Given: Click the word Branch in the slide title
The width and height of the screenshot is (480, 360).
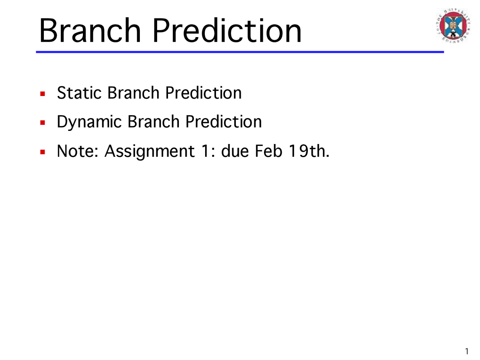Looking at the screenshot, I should [x=90, y=30].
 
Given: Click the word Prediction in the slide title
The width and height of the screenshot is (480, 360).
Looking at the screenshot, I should [x=227, y=30].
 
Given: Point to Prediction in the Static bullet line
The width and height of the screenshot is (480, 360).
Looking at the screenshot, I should [x=203, y=93].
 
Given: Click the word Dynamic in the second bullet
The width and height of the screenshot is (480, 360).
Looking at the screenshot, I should [x=89, y=122].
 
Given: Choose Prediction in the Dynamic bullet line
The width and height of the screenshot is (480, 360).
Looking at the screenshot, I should [x=223, y=122].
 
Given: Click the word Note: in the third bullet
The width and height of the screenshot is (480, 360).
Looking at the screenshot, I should [x=77, y=151].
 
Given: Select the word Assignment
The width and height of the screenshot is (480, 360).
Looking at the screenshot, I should [x=149, y=151].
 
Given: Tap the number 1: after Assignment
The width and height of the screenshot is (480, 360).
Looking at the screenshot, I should [x=207, y=151].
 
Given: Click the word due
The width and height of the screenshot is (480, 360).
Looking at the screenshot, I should [x=235, y=151].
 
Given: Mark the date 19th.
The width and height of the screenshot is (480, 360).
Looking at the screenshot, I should [x=309, y=151].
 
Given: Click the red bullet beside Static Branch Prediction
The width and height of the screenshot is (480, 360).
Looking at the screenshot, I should [x=43, y=93].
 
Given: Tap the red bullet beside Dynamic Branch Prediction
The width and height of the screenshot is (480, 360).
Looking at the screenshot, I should [x=43, y=122].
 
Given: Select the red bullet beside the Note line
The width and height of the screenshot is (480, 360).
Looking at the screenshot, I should [x=43, y=151].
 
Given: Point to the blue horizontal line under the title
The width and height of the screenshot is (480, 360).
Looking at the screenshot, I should [x=240, y=52].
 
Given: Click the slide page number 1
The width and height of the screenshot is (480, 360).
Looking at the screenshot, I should [x=466, y=351].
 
